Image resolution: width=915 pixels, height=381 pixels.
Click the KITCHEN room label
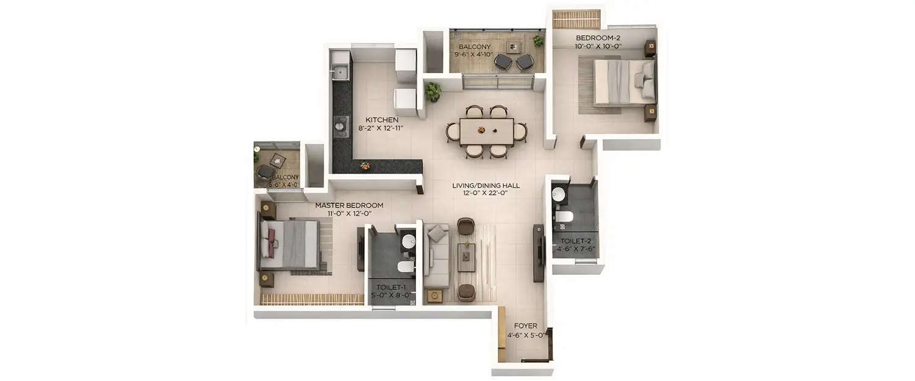click(x=382, y=119)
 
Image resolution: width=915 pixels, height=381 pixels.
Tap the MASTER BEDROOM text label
click(x=349, y=205)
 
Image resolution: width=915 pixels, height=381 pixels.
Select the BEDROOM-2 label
click(x=598, y=37)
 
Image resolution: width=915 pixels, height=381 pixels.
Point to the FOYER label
click(x=525, y=326)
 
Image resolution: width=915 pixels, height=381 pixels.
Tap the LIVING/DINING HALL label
click(x=486, y=185)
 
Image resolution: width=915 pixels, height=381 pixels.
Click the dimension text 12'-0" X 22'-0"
click(x=486, y=194)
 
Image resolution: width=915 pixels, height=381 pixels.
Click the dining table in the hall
click(x=486, y=130)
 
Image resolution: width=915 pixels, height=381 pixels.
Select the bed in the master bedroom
click(x=289, y=244)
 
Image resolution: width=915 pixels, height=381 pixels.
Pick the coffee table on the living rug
click(x=467, y=257)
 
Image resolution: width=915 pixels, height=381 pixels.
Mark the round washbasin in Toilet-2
click(x=559, y=194)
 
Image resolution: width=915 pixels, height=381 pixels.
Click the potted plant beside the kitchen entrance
click(x=433, y=91)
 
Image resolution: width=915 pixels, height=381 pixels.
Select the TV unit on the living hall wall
click(x=538, y=252)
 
